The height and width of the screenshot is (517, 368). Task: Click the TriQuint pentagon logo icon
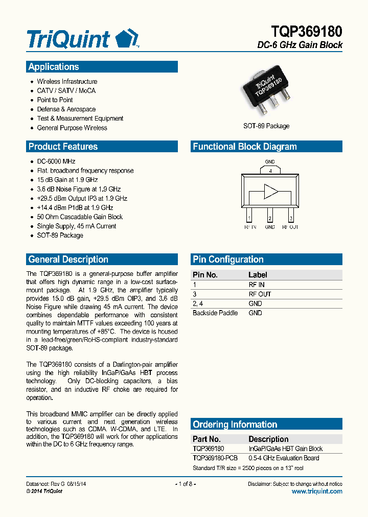126,39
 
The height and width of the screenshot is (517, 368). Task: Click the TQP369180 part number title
305,31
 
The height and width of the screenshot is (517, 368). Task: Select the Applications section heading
54,67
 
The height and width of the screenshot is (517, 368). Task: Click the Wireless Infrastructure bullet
67,82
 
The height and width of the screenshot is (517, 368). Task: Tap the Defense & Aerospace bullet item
66,109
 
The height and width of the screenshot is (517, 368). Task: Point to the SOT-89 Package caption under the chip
266,126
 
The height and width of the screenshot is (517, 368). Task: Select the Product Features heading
63,147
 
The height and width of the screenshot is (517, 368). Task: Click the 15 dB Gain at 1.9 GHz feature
67,180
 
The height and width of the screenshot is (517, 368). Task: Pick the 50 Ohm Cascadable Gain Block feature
80,217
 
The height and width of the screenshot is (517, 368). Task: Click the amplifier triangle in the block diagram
270,192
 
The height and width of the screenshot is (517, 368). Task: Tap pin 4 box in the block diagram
270,171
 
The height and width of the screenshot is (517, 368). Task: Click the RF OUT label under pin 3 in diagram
291,227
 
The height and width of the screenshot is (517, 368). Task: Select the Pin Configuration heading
228,260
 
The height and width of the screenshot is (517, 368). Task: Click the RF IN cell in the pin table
257,285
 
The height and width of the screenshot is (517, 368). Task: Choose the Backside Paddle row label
215,313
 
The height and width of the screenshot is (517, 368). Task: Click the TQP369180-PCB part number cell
215,458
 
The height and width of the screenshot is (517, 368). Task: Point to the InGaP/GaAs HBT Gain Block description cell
286,449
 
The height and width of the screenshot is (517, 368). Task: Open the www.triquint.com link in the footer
317,491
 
